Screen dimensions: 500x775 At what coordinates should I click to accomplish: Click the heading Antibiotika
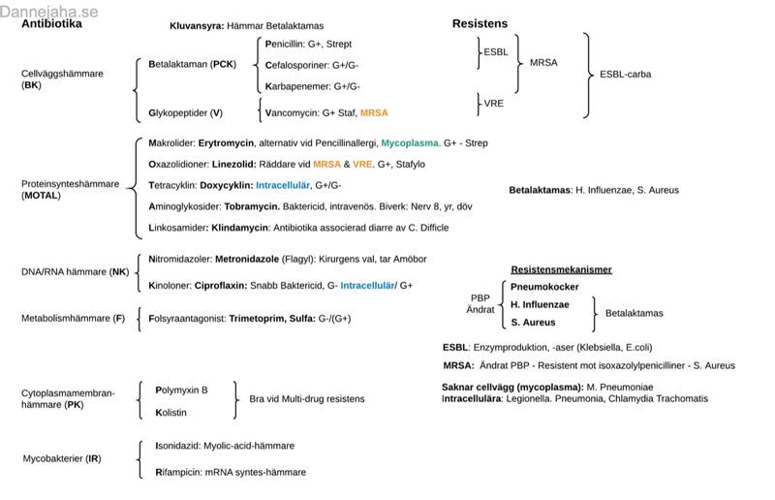[51, 24]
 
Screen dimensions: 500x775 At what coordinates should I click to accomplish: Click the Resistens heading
[480, 23]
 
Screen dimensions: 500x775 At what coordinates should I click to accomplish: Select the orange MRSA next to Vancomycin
[374, 113]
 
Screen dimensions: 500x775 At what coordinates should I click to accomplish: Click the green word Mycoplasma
[410, 143]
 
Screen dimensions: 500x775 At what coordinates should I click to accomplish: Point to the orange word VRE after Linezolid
[363, 165]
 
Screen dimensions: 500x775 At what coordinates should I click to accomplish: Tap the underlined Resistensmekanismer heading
[561, 269]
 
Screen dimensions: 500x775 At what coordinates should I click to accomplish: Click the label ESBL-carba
[626, 74]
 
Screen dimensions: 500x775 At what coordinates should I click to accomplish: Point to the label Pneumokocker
[544, 288]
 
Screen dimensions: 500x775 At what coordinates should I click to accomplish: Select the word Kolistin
[171, 412]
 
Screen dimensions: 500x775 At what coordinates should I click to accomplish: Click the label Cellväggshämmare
[62, 74]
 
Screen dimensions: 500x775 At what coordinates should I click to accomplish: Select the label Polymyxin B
[181, 390]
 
